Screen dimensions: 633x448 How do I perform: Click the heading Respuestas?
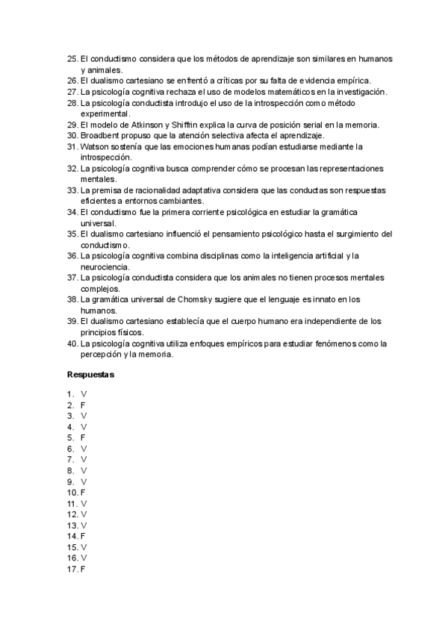click(90, 374)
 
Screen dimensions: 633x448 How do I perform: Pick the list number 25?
click(72, 59)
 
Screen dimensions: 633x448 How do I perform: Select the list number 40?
click(72, 343)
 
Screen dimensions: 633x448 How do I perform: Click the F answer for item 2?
click(82, 405)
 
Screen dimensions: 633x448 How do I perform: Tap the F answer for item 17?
click(82, 570)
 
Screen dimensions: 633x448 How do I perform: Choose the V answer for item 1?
click(84, 393)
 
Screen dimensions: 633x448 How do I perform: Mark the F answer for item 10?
click(82, 493)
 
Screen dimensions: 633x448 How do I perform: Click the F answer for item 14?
click(82, 536)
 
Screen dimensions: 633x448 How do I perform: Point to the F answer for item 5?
click(82, 437)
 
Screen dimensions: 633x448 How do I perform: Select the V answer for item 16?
click(84, 558)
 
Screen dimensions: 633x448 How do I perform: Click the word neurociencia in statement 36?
click(106, 266)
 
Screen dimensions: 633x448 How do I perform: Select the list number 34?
click(72, 212)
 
